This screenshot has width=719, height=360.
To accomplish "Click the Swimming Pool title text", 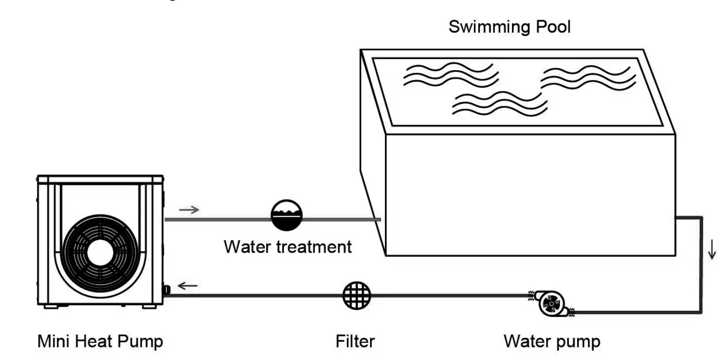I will coord(509,26).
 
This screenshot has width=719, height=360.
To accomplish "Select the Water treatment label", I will coord(287,247).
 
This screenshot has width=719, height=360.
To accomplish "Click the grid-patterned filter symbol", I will coord(356,295).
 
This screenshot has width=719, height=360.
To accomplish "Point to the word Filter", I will coord(355,341).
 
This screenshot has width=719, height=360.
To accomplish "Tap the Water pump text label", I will coord(552,341).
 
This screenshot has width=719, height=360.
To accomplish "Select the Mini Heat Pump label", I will coord(100,341).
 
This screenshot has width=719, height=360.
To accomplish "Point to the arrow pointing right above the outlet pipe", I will coord(189,209).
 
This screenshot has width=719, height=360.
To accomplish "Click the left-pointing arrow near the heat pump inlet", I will coord(188,286).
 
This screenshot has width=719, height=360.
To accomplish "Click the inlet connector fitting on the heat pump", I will coord(166,289).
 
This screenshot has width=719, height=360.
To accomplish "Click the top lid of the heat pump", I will coord(100,179).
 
